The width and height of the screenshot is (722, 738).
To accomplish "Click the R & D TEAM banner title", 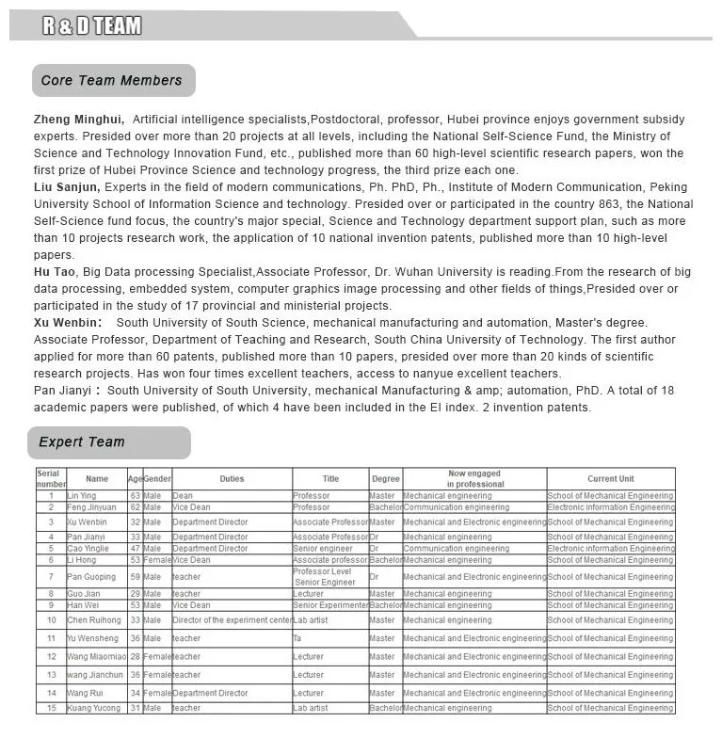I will click(x=91, y=25).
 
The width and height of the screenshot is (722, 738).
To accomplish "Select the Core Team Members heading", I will click(x=111, y=81).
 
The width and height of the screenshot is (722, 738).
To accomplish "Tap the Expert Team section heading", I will click(x=82, y=441).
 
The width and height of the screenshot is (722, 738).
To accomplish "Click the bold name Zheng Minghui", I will click(x=78, y=120).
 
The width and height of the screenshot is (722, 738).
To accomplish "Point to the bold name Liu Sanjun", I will click(x=67, y=187).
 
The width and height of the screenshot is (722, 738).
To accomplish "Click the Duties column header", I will click(x=232, y=479).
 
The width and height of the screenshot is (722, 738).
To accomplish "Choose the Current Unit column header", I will click(x=611, y=479).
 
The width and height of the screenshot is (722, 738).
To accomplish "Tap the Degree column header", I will click(x=385, y=479).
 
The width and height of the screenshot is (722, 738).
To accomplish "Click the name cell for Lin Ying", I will click(x=82, y=496).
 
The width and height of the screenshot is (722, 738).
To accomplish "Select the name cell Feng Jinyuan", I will click(x=91, y=507).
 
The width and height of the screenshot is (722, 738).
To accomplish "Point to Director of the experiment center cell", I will click(x=232, y=620).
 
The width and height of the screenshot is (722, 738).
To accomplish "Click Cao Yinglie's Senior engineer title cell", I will click(x=323, y=548).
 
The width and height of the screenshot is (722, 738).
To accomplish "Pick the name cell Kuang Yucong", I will click(x=94, y=708).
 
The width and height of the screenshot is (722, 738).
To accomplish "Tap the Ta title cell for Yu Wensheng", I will click(x=298, y=638).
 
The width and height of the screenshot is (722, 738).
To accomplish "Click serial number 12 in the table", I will click(x=51, y=656).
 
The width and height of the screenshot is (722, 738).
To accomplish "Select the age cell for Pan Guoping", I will click(x=136, y=577).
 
